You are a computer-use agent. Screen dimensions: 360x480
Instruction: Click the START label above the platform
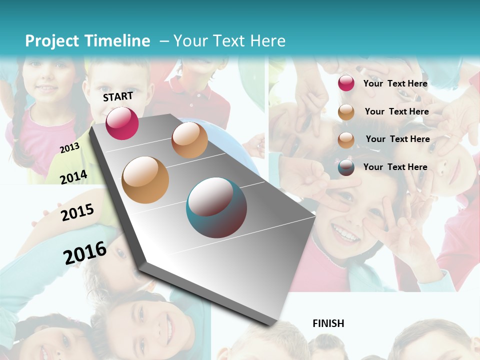118,96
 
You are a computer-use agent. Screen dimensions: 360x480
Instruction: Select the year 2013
69,147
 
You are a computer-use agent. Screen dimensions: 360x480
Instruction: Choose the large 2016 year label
85,252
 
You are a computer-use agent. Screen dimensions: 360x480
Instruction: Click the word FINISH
328,323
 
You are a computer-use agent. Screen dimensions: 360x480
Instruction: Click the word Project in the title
52,41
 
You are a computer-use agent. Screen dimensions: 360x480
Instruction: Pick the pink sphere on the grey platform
122,123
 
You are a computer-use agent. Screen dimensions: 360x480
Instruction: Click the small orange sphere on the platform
189,140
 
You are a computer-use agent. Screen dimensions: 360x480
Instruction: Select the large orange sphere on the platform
145,179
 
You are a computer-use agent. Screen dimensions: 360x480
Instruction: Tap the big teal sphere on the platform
216,207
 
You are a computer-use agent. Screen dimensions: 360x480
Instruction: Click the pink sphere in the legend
346,83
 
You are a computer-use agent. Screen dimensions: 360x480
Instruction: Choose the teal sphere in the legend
346,167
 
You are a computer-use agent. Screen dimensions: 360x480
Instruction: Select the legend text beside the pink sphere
395,83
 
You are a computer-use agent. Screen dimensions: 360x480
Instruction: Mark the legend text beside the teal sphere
395,167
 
